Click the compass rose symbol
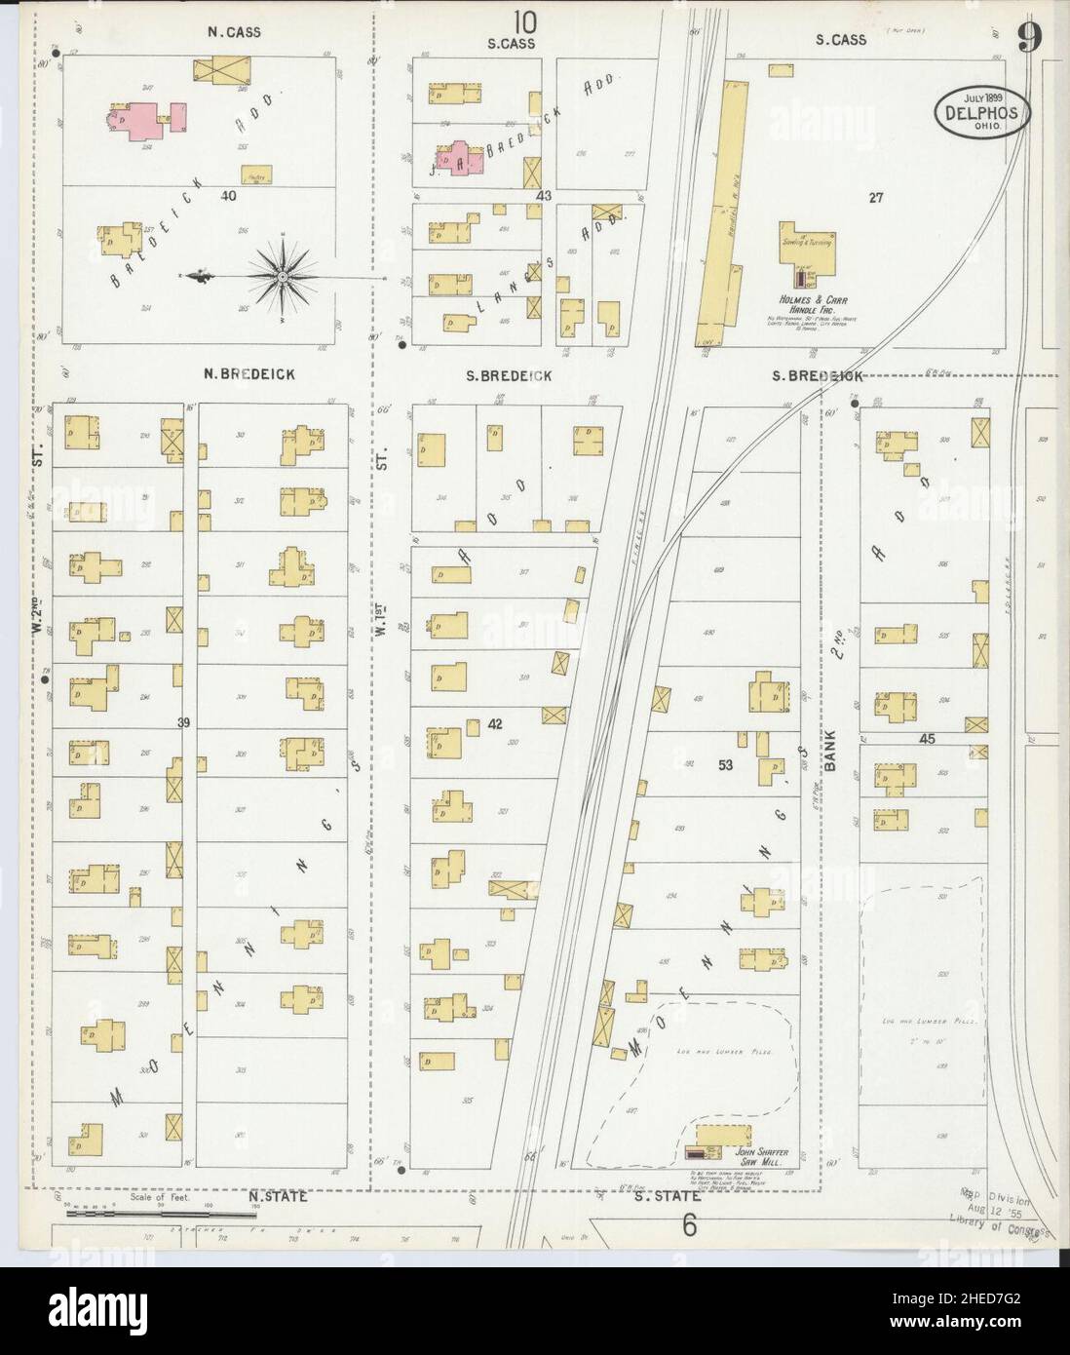(x=283, y=277)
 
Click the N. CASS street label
(x=234, y=32)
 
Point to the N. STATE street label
(x=278, y=1196)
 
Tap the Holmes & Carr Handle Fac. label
(x=805, y=302)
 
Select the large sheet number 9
(x=1029, y=38)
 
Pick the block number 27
(x=875, y=198)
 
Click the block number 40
(x=229, y=196)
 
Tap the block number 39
(x=183, y=722)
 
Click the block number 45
(x=926, y=740)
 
